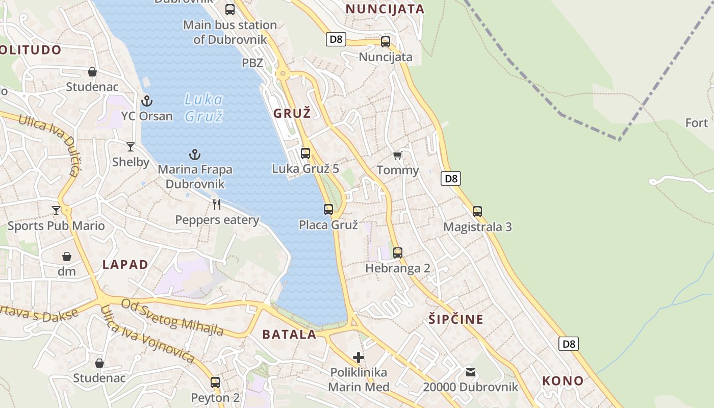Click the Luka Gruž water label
coord(203,108)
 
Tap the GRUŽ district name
coord(292,113)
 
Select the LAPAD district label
coord(125,264)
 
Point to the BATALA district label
coord(289,335)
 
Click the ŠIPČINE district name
coord(455,320)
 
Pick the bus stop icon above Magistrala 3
coord(477,211)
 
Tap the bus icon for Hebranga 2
coord(398,252)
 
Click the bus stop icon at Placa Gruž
coord(328,209)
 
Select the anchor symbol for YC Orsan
coord(147,100)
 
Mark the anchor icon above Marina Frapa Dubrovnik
coord(194,154)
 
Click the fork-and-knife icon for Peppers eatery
coord(217,205)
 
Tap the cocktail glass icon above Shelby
coord(131,147)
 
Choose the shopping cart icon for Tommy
coord(398,155)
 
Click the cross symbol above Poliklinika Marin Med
coord(359,357)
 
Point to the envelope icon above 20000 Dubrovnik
coord(470,372)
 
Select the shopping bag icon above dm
coord(67,256)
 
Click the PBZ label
coord(252,63)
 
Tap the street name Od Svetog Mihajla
coord(172,318)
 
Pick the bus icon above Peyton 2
coord(215,382)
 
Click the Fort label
coord(696,123)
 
